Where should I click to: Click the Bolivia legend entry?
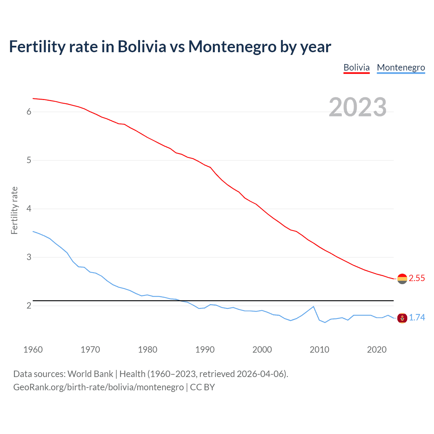tap(356, 67)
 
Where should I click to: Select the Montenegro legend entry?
tap(401, 67)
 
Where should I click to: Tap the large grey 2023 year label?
tap(358, 107)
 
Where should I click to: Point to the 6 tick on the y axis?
tap(29, 112)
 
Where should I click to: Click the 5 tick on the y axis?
tap(29, 160)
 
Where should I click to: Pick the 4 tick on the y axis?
tap(29, 209)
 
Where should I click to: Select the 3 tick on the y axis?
tap(29, 257)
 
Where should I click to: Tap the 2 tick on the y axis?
tap(29, 305)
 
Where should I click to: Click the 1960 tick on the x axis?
tap(33, 350)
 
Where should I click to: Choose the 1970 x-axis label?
tap(90, 350)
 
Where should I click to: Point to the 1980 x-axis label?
tap(147, 350)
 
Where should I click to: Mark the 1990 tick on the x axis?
tap(205, 350)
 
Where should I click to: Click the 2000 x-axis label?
tap(262, 350)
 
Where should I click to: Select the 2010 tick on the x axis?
tap(319, 350)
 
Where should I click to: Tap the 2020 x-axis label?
tap(377, 350)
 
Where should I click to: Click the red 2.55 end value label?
tap(417, 278)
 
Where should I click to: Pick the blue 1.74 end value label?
tap(417, 318)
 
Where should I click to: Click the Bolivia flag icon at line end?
tap(402, 279)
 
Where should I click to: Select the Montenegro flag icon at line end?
tap(402, 318)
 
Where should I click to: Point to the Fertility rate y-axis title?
tap(14, 210)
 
